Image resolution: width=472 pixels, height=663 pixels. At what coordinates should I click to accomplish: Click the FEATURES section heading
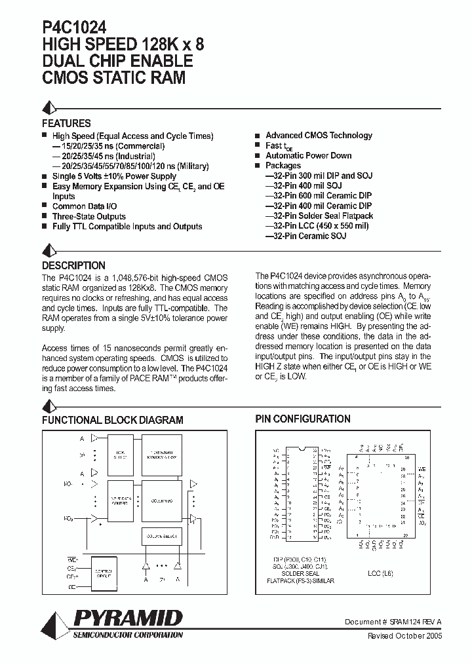[x=66, y=123]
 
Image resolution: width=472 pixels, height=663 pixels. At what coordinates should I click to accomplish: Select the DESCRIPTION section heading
[x=73, y=266]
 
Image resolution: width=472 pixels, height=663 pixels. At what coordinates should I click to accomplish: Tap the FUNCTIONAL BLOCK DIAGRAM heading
[x=113, y=420]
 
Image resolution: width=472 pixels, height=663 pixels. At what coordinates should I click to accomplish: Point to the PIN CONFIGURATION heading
[x=302, y=419]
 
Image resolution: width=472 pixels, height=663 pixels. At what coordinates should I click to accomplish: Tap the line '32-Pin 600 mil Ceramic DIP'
[x=318, y=196]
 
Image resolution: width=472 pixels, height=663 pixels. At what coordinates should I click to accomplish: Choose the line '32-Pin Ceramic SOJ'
[x=305, y=236]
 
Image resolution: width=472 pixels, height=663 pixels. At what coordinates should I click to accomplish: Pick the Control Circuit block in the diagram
[x=104, y=572]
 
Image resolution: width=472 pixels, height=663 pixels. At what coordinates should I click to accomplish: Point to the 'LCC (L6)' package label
[x=380, y=572]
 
